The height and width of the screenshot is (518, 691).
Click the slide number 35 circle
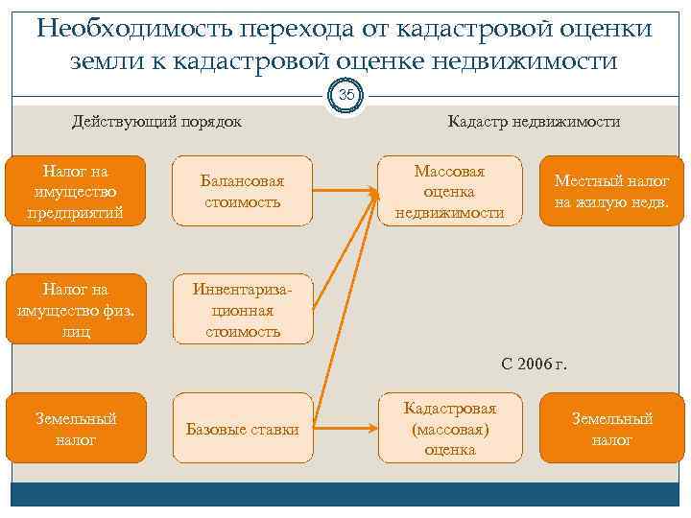coord(346,94)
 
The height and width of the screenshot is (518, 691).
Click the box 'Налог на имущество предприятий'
coord(76,190)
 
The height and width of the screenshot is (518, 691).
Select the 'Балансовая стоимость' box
coord(242,190)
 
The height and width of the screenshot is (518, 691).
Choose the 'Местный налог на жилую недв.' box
coord(611,190)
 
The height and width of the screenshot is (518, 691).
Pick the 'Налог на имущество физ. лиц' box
coord(76,309)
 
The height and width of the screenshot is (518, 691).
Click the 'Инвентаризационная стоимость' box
coord(242,309)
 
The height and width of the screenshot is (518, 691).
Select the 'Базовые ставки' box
coord(242,429)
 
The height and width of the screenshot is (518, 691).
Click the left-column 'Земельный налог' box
coord(76,429)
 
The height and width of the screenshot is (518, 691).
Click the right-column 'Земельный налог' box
coord(611,429)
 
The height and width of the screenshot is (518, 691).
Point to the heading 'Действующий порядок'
coord(157,122)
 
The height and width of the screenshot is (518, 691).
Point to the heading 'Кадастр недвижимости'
coord(534,122)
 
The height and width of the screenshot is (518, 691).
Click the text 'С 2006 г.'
coord(535,365)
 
